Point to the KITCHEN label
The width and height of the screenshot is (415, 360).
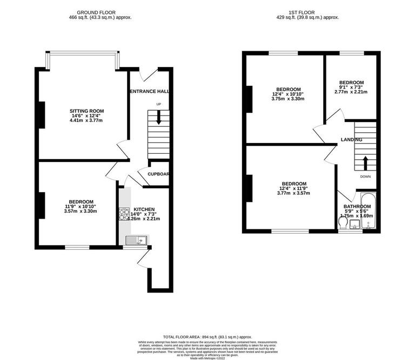144,209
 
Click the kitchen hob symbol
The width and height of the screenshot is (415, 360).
123,214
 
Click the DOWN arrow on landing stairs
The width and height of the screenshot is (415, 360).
366,162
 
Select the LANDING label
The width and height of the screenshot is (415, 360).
351,140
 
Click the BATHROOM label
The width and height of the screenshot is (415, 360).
357,206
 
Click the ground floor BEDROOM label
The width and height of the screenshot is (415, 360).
81,201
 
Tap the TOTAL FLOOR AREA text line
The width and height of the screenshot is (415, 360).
207,336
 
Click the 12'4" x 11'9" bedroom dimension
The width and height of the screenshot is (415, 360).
293,188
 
